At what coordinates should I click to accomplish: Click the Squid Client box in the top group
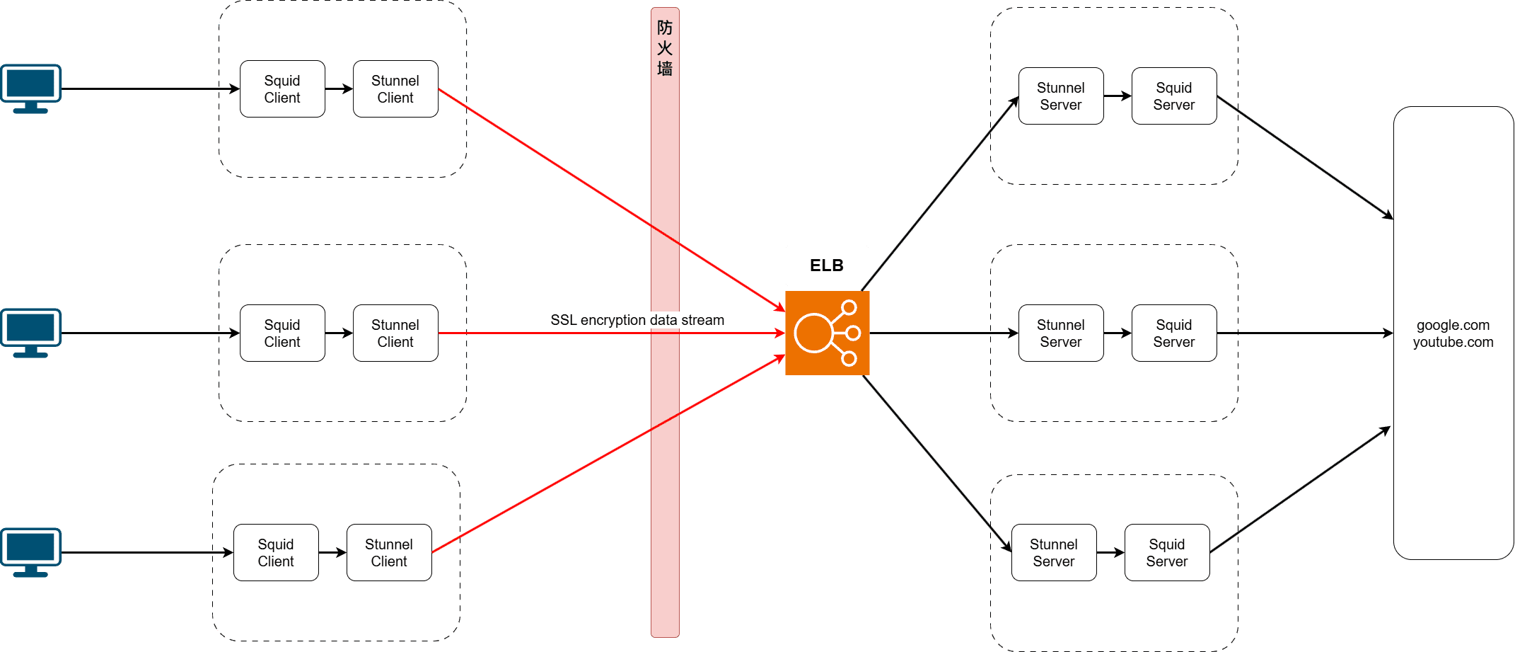(282, 89)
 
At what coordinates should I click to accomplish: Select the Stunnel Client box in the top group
(395, 89)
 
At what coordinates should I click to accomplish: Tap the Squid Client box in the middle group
(282, 333)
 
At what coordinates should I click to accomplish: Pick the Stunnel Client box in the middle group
(395, 333)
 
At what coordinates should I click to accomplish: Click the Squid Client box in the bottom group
(276, 553)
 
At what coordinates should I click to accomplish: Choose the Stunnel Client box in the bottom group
(389, 553)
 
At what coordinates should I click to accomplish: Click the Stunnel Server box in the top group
(1061, 96)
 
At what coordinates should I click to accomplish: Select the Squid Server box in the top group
(1174, 96)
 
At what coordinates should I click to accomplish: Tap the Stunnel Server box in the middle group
(1061, 333)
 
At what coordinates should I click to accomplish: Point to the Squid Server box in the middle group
(1174, 333)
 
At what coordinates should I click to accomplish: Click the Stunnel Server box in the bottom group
(1054, 553)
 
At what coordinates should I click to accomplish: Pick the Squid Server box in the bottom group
(1167, 553)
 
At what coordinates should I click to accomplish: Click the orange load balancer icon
(827, 333)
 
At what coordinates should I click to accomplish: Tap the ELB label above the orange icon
(827, 265)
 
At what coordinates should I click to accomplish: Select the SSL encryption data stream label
(637, 320)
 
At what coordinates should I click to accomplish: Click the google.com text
(1453, 326)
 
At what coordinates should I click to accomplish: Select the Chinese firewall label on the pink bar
(665, 48)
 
